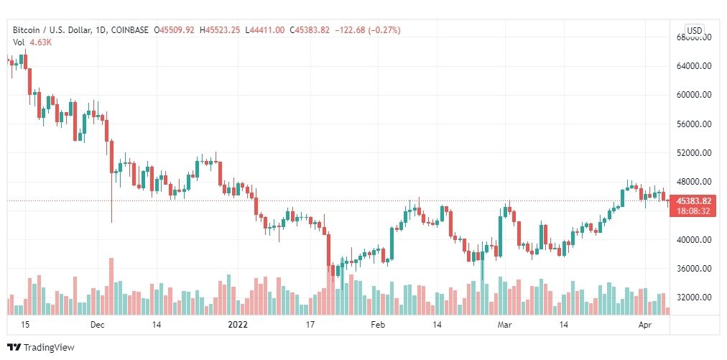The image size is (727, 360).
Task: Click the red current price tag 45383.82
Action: (x=695, y=200)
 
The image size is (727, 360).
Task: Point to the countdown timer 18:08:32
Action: (x=695, y=211)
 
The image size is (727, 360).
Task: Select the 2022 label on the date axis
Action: (x=238, y=325)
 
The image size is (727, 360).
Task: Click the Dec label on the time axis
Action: (x=98, y=325)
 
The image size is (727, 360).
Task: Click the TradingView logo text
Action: (x=49, y=348)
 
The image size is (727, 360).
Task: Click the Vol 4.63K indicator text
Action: (x=32, y=42)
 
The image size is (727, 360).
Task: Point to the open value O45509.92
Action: (x=175, y=30)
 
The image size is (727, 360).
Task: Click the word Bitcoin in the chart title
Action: (x=26, y=30)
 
